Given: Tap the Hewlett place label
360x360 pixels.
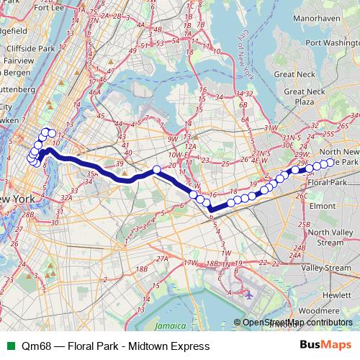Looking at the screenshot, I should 336,295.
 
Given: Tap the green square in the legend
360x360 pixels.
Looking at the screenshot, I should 10,346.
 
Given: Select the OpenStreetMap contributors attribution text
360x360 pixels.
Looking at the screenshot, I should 297,322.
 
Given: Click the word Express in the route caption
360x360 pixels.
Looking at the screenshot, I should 189,346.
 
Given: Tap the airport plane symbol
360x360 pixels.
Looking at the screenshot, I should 249,294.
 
